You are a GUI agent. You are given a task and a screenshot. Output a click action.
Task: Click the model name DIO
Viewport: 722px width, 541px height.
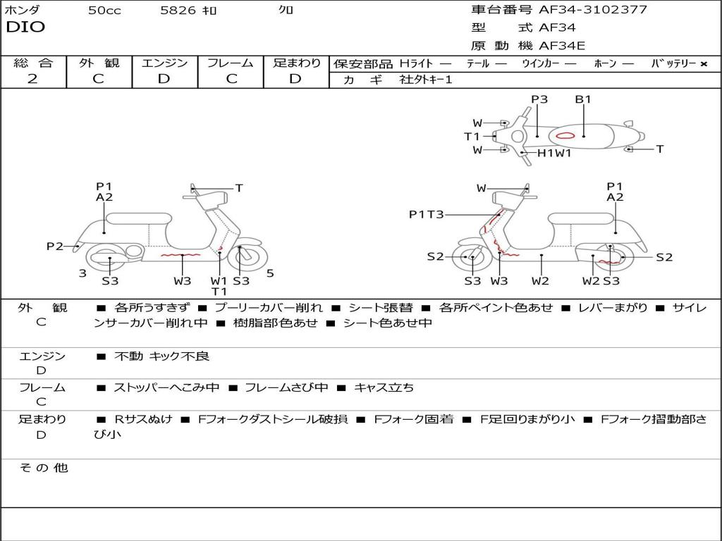pos(25,27)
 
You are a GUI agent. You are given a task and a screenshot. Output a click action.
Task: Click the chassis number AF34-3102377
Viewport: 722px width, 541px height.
pos(592,10)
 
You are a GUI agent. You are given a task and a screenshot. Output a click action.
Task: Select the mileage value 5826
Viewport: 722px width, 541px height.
pos(178,11)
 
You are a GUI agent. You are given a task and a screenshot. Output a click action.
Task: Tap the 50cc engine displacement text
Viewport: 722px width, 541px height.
pos(104,11)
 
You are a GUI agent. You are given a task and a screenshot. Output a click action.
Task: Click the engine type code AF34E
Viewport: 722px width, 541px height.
pos(562,46)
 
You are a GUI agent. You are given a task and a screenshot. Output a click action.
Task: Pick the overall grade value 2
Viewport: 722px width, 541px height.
pos(32,79)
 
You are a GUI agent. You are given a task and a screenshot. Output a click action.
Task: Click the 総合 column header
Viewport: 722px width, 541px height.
pos(32,63)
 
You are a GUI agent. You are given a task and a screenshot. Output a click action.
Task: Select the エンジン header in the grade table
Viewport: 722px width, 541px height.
pos(164,63)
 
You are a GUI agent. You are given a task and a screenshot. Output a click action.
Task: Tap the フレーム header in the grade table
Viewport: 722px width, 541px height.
pos(231,63)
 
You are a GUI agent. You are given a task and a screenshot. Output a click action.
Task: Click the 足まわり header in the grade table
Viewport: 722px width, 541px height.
pos(296,63)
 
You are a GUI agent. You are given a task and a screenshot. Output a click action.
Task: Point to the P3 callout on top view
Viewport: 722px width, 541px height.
pos(539,99)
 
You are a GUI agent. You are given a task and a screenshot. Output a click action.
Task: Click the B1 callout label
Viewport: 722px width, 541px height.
pos(583,99)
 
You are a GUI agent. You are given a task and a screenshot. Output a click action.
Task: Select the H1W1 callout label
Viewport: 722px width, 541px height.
pos(554,153)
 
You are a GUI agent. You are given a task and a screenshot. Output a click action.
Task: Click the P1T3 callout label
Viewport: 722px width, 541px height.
pos(426,215)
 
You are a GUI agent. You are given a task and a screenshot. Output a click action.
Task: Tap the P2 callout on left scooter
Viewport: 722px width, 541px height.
pos(54,246)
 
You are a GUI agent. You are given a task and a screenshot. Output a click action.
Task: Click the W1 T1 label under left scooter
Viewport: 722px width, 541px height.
pos(219,286)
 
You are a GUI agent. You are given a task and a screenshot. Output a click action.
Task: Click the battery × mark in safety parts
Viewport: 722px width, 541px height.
pos(704,64)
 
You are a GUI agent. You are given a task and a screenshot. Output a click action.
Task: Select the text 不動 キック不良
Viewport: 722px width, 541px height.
pos(162,356)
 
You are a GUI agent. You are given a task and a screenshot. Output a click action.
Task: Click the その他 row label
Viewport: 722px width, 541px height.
pos(43,468)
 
